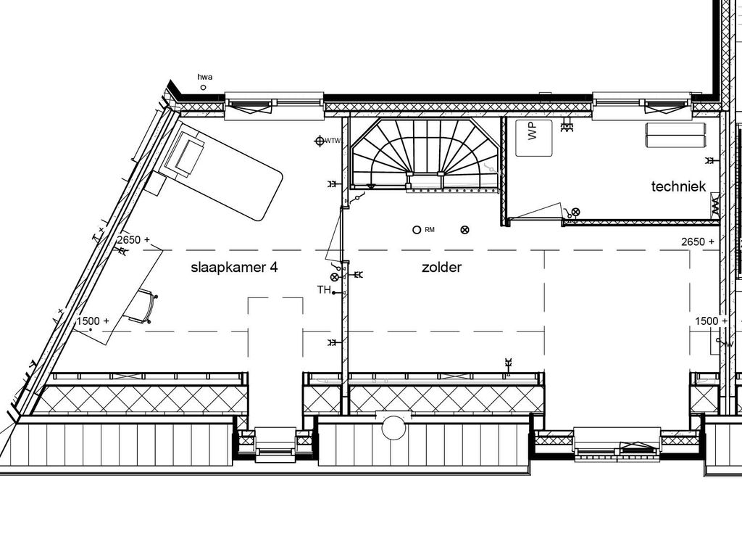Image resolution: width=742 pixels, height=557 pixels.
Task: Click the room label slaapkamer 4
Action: coord(234,267)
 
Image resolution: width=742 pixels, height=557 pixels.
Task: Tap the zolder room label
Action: coord(441,267)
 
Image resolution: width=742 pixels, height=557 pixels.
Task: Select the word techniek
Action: coord(678,186)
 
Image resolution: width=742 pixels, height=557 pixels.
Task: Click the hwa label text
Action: coord(206,77)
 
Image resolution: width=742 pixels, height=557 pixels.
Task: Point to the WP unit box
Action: coord(533,137)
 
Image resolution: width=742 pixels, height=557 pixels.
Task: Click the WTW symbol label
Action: coord(333,141)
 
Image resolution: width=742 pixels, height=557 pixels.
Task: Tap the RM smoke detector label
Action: coord(430,230)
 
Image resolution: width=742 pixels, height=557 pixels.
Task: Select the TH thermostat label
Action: coord(323,289)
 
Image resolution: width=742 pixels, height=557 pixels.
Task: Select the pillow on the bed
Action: coord(187,154)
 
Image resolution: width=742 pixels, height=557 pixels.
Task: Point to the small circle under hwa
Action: coord(203,88)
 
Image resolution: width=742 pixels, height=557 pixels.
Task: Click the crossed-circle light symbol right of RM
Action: coord(465,230)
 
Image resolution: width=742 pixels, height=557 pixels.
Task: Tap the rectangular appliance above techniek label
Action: coord(675,135)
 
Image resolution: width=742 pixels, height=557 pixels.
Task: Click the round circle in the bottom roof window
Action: coord(394,426)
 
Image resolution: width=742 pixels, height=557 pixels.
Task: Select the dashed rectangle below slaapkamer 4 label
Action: coord(275,363)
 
